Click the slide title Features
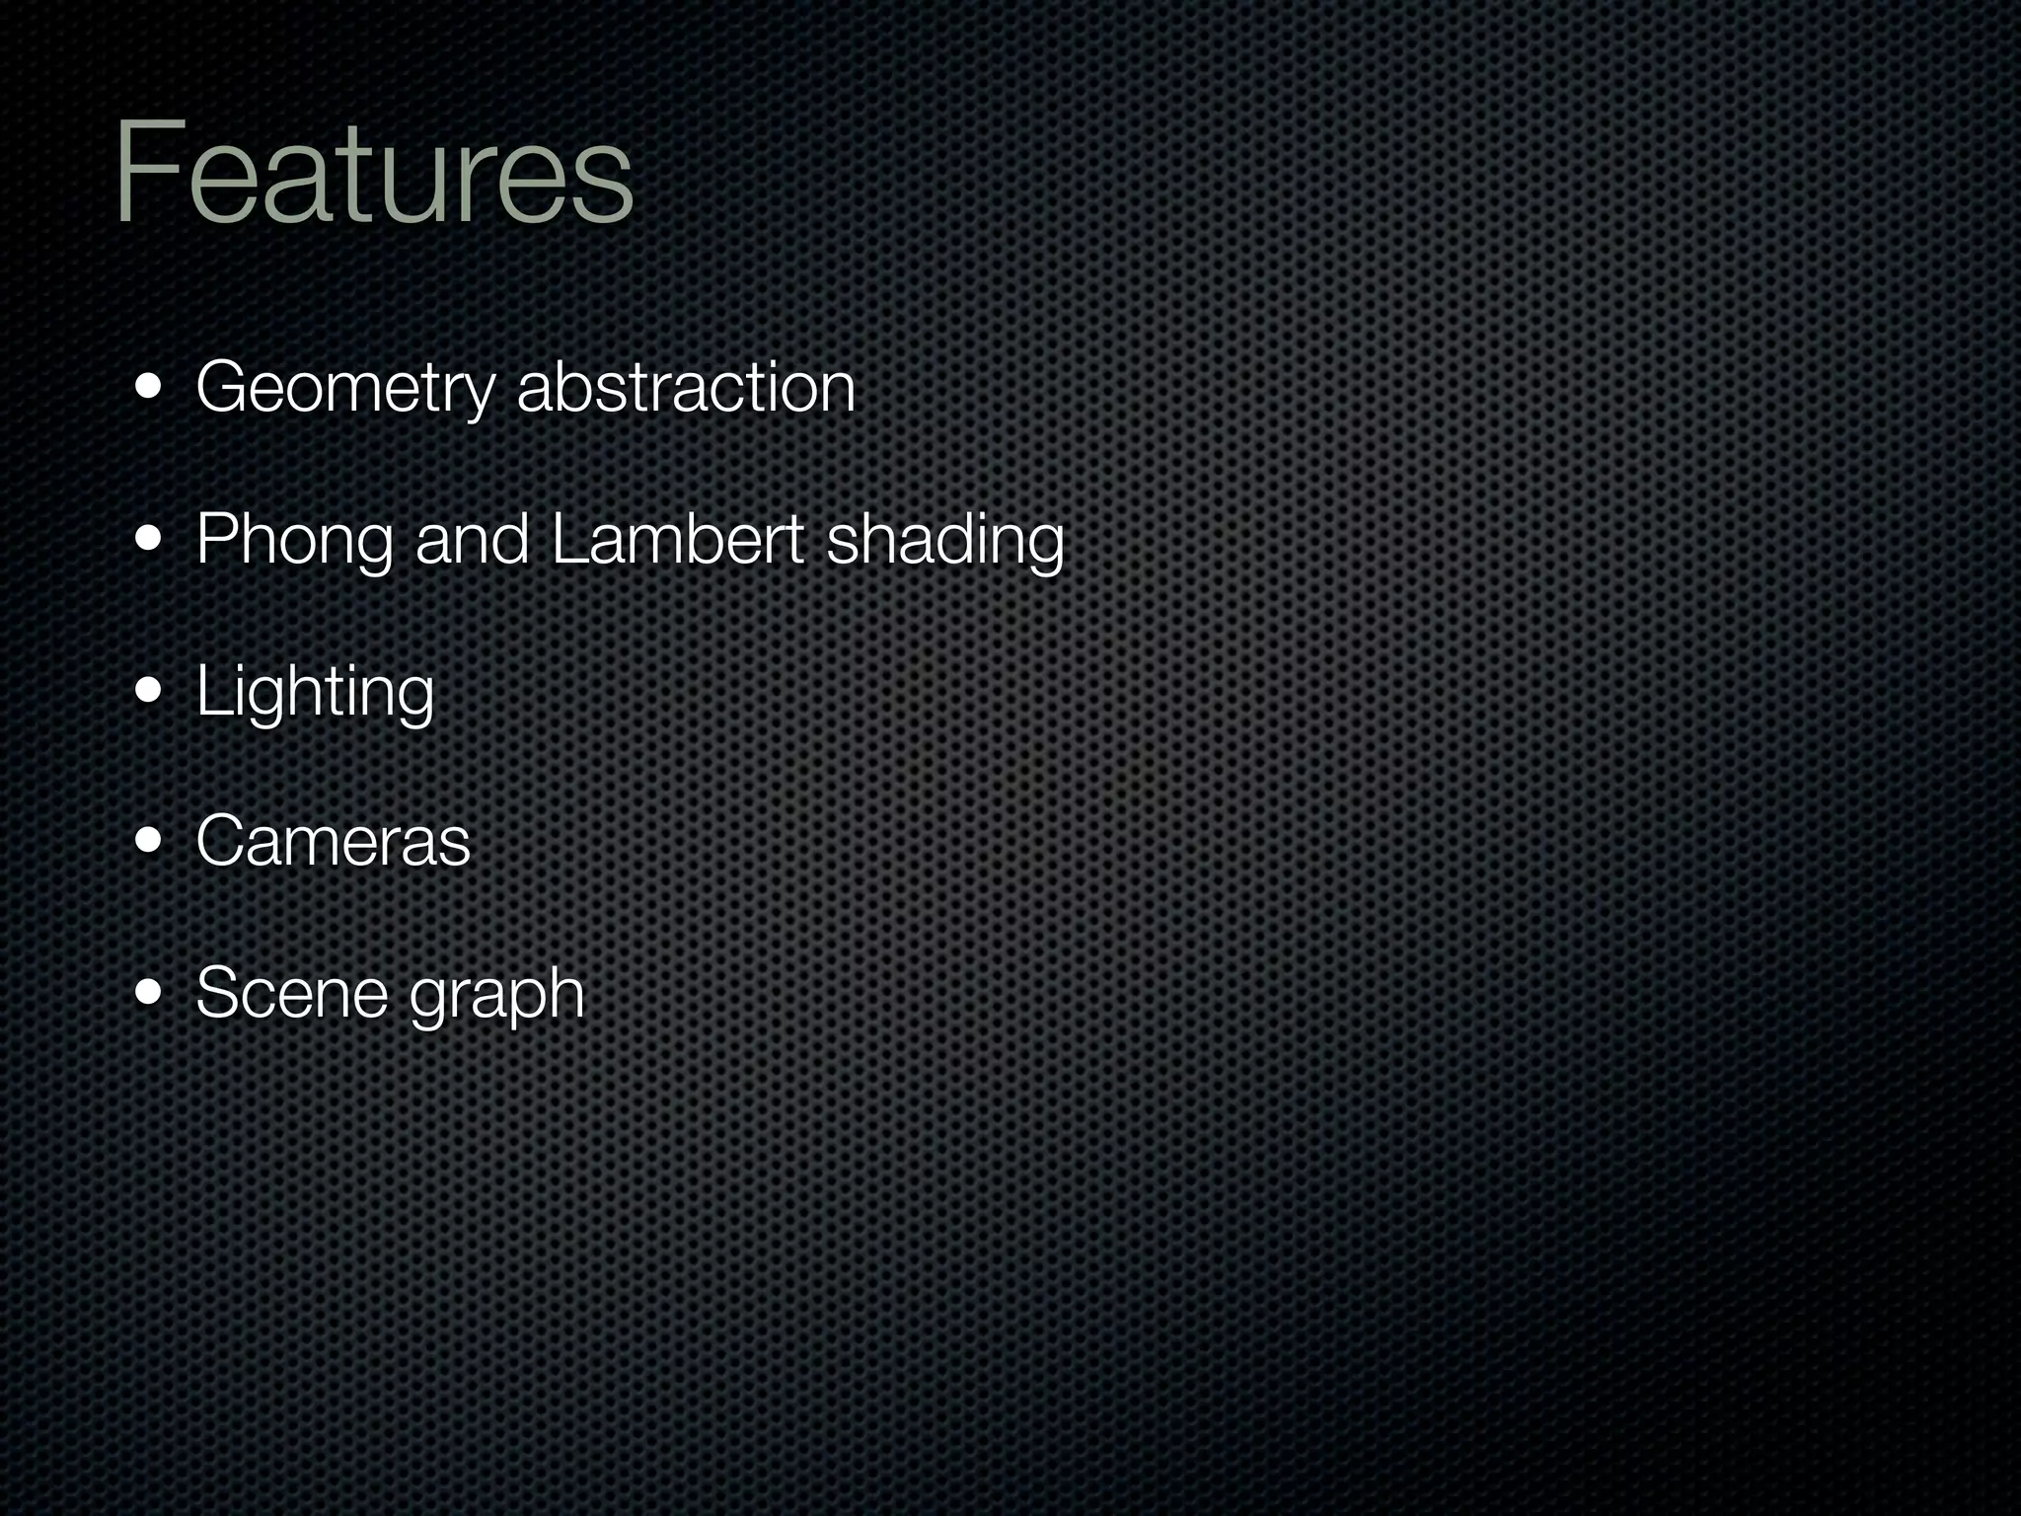pyautogui.click(x=373, y=173)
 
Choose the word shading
pyautogui.click(x=945, y=541)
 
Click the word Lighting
pyautogui.click(x=315, y=692)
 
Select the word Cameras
pyautogui.click(x=334, y=842)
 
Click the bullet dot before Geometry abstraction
pyautogui.click(x=150, y=388)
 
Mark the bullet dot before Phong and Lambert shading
pyautogui.click(x=150, y=540)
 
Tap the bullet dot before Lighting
pyautogui.click(x=150, y=691)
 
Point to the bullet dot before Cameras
pyautogui.click(x=150, y=842)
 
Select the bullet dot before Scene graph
pyautogui.click(x=150, y=993)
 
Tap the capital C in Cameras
pyautogui.click(x=222, y=842)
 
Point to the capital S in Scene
pyautogui.click(x=219, y=993)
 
